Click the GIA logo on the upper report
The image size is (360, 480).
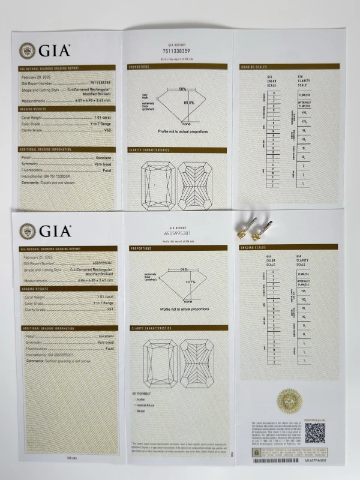(x=45, y=50)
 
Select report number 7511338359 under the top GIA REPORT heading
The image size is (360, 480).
(x=176, y=52)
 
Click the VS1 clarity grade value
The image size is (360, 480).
(x=109, y=310)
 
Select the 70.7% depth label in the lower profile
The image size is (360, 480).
(x=190, y=282)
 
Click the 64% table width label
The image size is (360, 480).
(x=184, y=269)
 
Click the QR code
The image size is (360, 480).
(x=314, y=432)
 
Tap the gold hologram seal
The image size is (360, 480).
(x=287, y=401)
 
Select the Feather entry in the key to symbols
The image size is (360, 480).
(x=142, y=399)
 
